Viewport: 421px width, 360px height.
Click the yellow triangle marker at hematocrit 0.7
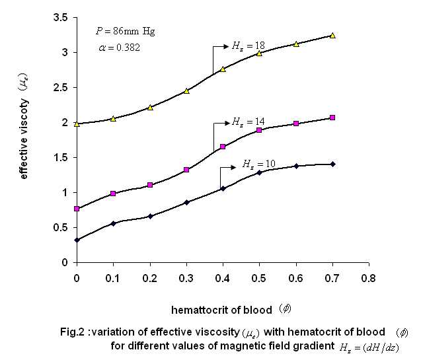332,35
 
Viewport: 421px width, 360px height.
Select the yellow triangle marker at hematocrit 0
77,124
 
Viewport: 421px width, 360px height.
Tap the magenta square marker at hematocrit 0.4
223,147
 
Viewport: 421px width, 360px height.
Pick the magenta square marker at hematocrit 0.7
332,118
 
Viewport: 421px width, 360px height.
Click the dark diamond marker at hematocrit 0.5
260,172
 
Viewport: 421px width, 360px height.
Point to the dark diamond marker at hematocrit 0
77,240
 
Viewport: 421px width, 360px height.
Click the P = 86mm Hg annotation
126,31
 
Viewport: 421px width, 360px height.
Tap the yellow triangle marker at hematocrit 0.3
186,91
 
